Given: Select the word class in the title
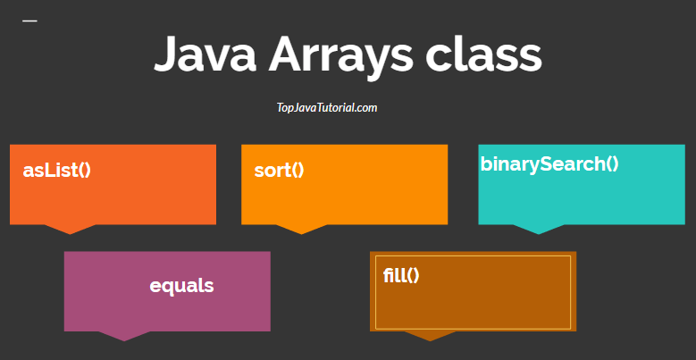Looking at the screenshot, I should click(x=483, y=55).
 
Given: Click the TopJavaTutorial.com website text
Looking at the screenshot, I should click(x=327, y=108).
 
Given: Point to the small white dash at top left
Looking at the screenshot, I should click(x=29, y=21).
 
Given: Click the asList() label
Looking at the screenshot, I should click(x=57, y=171).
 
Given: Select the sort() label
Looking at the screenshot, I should click(x=279, y=171).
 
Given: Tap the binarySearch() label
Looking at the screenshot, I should click(x=549, y=163).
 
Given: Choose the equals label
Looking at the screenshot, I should click(x=181, y=286).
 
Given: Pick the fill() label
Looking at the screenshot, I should click(x=401, y=275).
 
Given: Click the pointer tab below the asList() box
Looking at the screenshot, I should click(x=70, y=229).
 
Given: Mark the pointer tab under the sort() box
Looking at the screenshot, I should click(x=301, y=229).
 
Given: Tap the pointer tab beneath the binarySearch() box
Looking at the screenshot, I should click(x=538, y=229).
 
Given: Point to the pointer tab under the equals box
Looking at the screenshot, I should click(x=124, y=335).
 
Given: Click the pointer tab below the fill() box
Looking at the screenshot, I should click(x=430, y=335).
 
